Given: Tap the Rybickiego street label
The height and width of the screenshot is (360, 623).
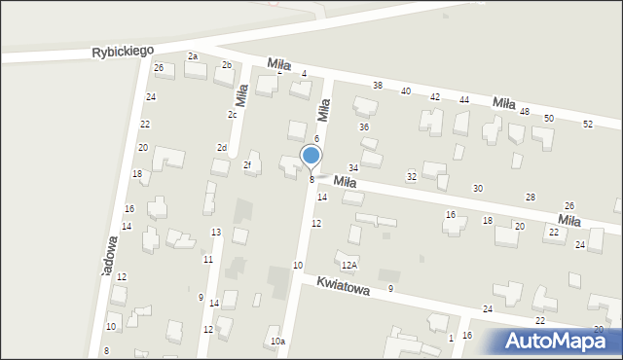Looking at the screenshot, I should [124, 50].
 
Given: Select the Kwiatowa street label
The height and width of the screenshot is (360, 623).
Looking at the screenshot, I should [342, 291].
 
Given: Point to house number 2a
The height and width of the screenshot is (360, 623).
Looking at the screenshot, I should [193, 56].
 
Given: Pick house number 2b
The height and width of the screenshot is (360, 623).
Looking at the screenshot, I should [227, 65].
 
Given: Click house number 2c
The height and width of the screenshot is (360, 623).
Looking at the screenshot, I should [233, 115].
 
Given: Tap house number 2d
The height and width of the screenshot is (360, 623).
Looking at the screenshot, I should [222, 148].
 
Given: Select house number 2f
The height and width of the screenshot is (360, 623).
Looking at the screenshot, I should [247, 165].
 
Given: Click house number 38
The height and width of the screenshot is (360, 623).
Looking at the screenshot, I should [378, 87].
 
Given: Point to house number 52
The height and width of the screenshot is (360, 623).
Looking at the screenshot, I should [587, 125].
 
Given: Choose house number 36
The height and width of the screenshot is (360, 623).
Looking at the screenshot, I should [364, 127].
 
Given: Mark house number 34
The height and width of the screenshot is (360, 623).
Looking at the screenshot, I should [353, 168].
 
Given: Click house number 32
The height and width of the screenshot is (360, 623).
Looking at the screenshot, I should [412, 176].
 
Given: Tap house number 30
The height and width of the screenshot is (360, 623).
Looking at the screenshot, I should [477, 188].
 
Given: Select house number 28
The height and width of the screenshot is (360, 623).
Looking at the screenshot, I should [531, 198].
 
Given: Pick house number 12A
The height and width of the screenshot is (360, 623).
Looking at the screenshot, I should [348, 265].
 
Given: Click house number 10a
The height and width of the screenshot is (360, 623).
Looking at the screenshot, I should [278, 342].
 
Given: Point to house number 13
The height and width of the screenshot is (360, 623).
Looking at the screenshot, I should [216, 232].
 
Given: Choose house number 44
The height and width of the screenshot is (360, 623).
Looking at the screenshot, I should [464, 100].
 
